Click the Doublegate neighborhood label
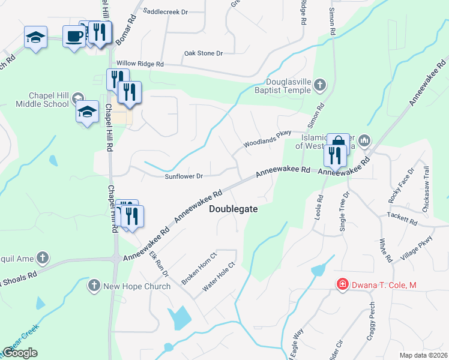(x=234, y=209)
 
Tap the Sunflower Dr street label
(x=184, y=176)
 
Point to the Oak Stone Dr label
(x=203, y=53)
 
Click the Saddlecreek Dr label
(x=166, y=11)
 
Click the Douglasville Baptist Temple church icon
(x=319, y=85)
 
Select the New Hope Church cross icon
(x=93, y=285)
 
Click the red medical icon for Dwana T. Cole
(x=342, y=284)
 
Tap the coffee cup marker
(x=74, y=36)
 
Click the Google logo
(x=20, y=353)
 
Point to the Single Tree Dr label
(x=344, y=212)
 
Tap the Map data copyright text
(x=424, y=355)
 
